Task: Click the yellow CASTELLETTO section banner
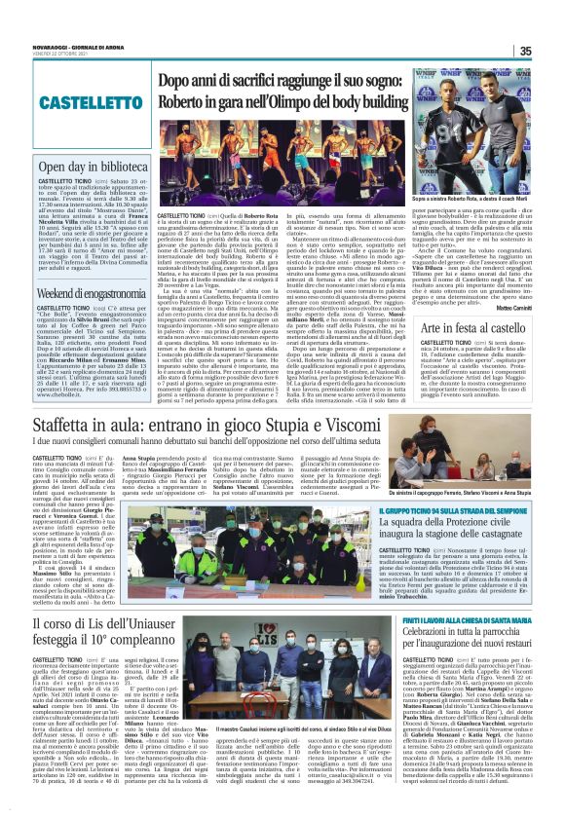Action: [x=83, y=100]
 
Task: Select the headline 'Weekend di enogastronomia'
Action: [x=86, y=294]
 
